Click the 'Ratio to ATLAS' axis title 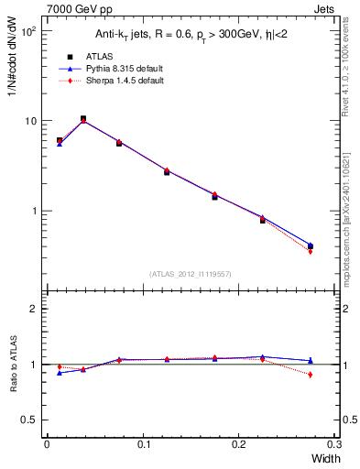click(x=13, y=364)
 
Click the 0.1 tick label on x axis click(x=143, y=444)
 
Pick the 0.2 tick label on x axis click(x=239, y=444)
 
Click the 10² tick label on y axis click(x=28, y=31)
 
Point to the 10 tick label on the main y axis click(x=30, y=121)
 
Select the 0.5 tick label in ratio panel click(x=31, y=420)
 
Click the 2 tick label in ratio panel click(x=36, y=310)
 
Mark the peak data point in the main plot click(x=83, y=119)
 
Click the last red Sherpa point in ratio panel click(x=310, y=375)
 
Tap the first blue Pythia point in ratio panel click(x=60, y=373)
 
